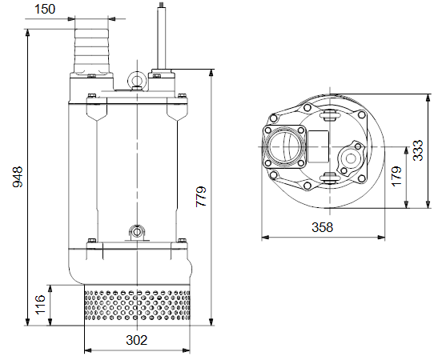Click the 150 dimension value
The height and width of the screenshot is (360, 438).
point(45,9)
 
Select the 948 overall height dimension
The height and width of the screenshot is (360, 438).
point(18,177)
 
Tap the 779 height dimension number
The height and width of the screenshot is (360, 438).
point(201,196)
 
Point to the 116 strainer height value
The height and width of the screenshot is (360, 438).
point(40,304)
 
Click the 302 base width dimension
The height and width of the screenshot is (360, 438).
point(136,340)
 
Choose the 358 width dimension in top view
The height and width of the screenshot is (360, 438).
point(323,227)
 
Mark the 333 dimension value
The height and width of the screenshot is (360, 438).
point(418,150)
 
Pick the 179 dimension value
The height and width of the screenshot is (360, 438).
point(396,176)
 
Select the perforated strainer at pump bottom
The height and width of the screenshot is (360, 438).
point(137,305)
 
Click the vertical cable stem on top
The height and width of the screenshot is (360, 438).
point(162,36)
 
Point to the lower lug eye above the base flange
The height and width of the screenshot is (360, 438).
point(137,232)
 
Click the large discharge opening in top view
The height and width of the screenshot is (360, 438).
point(285,147)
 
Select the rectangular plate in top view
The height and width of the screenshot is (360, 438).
point(318,146)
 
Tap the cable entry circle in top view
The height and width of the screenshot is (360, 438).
point(351,158)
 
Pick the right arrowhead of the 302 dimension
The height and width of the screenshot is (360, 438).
point(186,350)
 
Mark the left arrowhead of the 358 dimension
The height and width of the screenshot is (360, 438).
point(265,238)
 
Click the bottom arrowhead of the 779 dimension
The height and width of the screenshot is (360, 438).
point(211,322)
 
